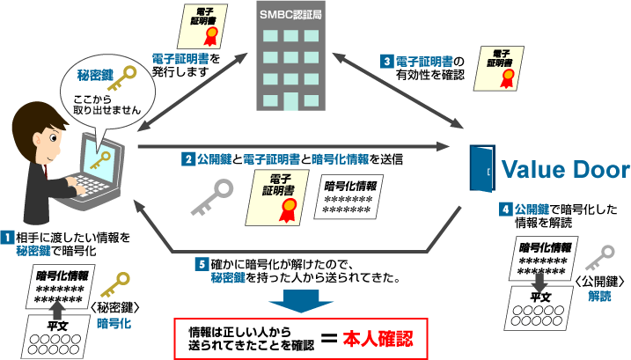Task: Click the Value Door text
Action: pyautogui.click(x=565, y=169)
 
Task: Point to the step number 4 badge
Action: pyautogui.click(x=505, y=209)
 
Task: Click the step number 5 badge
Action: pyautogui.click(x=202, y=263)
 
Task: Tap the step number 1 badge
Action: pyautogui.click(x=6, y=237)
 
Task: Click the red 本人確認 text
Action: pyautogui.click(x=378, y=336)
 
